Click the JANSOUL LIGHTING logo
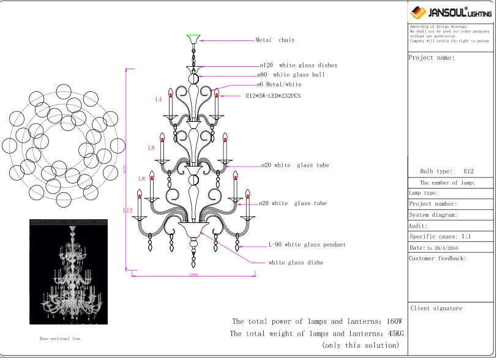click(x=450, y=12)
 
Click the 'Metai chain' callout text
click(x=275, y=40)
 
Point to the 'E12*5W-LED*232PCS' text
click(x=273, y=96)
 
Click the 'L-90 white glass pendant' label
click(x=307, y=245)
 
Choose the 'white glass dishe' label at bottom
click(x=296, y=263)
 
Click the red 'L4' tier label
click(x=159, y=99)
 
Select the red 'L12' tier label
click(x=127, y=211)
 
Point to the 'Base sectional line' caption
click(x=60, y=339)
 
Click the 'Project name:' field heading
click(x=432, y=58)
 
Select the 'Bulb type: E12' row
click(x=447, y=171)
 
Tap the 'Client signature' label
click(x=436, y=309)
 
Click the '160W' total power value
click(x=394, y=321)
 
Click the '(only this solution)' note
click(x=360, y=346)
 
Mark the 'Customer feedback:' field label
click(x=438, y=258)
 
